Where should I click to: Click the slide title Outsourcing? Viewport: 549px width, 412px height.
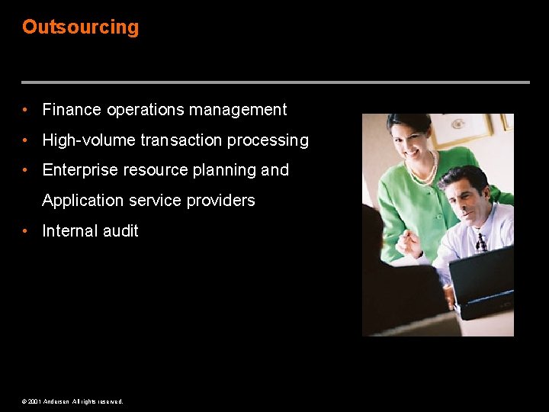(x=80, y=27)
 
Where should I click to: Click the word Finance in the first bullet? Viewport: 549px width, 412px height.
(x=72, y=110)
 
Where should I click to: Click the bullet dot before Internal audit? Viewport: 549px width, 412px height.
(x=26, y=231)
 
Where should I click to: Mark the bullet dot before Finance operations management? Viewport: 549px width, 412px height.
(x=26, y=110)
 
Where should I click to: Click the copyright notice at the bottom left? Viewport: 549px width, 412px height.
(x=72, y=401)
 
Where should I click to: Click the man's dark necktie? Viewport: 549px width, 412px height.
(x=480, y=243)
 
